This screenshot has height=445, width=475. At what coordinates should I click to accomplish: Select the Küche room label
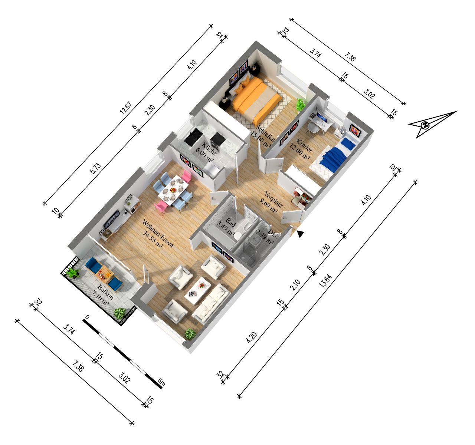tap(209, 148)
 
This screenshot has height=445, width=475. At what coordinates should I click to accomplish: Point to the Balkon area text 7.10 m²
tap(100, 300)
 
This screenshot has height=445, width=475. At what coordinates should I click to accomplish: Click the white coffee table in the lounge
tap(197, 290)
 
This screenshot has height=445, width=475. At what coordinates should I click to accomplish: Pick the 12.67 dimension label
tap(126, 108)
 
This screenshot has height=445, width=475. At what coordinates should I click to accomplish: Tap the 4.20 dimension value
tap(252, 337)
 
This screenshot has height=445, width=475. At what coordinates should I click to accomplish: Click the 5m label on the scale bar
tap(162, 382)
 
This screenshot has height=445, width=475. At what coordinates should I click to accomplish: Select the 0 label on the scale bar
tap(87, 317)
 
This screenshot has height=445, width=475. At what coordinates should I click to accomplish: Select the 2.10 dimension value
tap(295, 285)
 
